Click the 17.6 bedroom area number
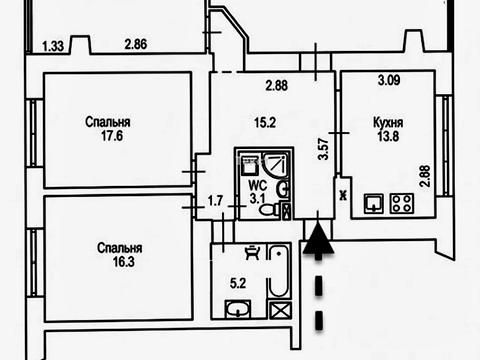click(x=112, y=136)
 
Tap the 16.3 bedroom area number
click(x=124, y=262)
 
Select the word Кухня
click(x=388, y=123)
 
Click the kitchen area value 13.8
click(x=388, y=136)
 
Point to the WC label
click(x=258, y=185)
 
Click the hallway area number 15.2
click(x=265, y=123)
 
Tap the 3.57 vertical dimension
click(x=323, y=149)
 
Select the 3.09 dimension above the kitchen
click(x=389, y=80)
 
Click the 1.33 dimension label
click(x=53, y=46)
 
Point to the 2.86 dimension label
click(x=136, y=44)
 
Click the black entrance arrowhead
click(x=318, y=239)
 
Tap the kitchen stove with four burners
click(x=402, y=204)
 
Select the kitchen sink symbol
click(x=374, y=204)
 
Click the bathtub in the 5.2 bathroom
click(x=279, y=271)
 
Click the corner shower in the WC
click(x=275, y=164)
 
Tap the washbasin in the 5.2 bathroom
click(x=238, y=309)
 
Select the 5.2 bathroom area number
click(x=238, y=283)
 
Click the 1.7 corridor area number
click(x=215, y=201)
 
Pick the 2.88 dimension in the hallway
click(x=277, y=86)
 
